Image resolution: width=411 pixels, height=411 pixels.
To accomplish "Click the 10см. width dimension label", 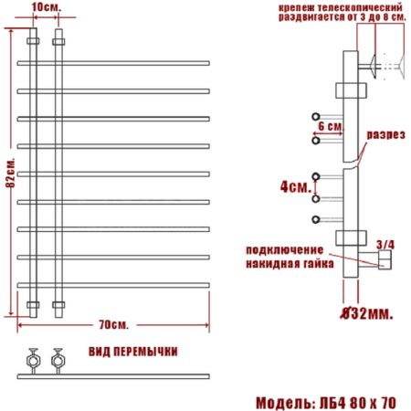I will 45,7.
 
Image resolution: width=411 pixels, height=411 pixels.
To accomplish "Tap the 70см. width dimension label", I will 114,323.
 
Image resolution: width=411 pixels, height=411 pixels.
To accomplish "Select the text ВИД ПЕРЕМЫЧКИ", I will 133,351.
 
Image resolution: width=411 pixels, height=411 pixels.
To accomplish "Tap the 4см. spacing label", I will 295,186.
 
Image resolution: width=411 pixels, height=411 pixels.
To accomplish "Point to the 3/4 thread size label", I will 385,244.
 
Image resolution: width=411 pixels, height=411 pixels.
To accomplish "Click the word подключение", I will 285,249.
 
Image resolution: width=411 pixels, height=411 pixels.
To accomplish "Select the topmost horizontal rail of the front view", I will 114,63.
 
